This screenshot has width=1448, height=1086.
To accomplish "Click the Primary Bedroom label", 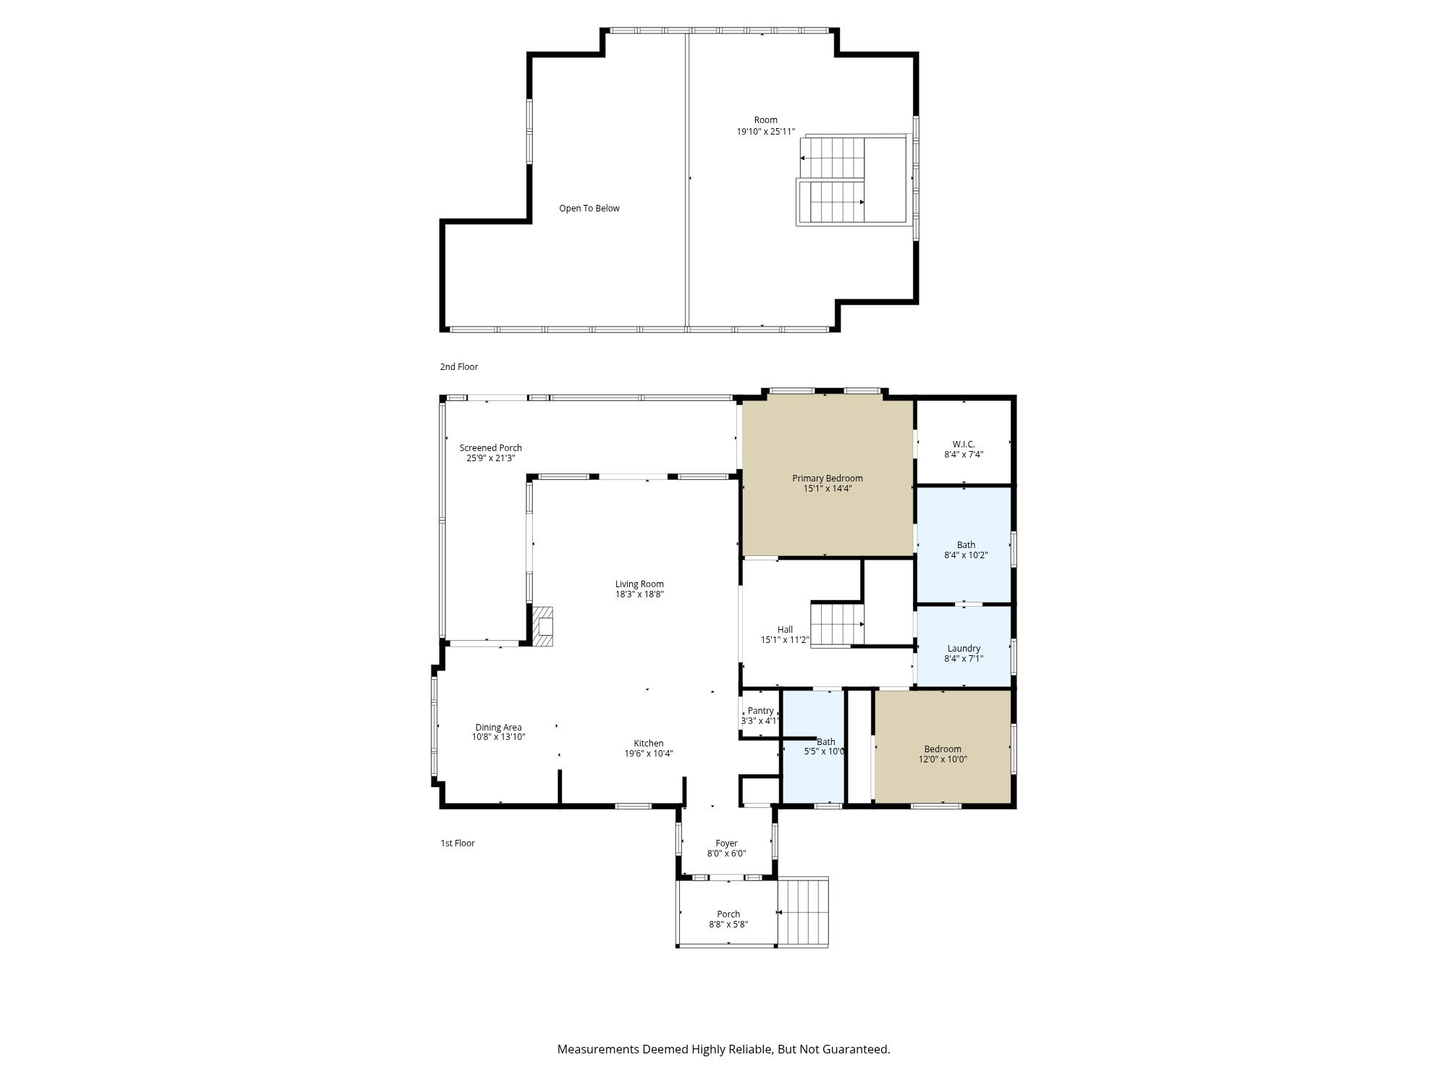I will pos(827,479).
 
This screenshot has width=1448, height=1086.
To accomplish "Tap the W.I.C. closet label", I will pos(963,445).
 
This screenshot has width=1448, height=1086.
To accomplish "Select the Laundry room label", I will pos(964,649).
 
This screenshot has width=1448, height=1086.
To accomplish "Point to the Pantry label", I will pos(760,711).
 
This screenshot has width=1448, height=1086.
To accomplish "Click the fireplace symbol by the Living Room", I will pos(543,626).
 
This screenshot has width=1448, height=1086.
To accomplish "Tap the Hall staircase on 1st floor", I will pos(837,624).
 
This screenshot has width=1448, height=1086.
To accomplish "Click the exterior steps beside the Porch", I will pos(803,912).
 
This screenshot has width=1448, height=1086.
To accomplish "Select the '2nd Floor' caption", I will pos(459,367).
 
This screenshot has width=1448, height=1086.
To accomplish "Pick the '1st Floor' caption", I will pos(458,843).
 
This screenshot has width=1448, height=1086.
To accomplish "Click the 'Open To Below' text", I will pos(589,209).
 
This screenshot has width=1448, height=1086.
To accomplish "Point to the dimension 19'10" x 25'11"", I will pos(765,132).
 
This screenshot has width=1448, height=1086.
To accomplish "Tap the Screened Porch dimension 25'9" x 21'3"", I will pos(490,458).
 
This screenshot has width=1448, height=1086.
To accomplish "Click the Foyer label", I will pos(726,843).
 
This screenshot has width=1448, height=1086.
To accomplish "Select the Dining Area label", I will pos(498,728).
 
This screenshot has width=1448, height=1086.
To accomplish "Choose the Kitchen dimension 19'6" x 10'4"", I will pos(649,754).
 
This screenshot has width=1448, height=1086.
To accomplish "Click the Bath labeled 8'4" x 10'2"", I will pos(966,545).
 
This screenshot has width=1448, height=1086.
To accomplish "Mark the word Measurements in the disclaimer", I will pos(598,1049).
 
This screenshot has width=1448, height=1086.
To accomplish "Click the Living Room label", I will pos(639,584).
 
